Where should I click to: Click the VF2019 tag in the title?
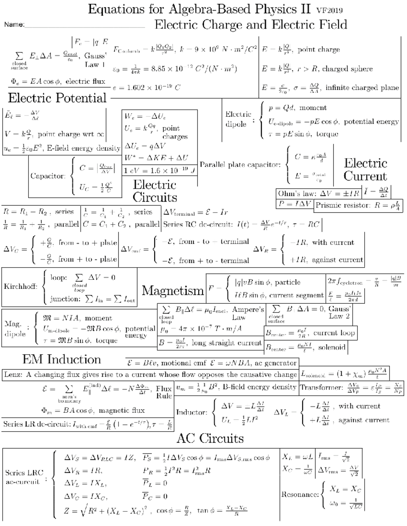coord(329,10)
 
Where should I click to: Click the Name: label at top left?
coord(14,24)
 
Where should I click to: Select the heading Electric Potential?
coord(57,98)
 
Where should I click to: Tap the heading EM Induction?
coord(62,359)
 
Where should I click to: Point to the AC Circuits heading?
coord(210,438)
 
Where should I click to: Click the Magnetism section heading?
coord(173,290)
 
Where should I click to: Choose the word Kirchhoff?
coord(20,287)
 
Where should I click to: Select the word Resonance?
coord(300,494)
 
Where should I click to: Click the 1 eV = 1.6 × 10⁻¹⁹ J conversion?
coord(159,171)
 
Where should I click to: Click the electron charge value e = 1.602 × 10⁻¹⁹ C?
coord(147,88)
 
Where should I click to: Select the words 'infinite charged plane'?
coord(362,88)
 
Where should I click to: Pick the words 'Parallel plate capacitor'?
coord(240,165)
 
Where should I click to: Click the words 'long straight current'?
coord(227,343)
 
